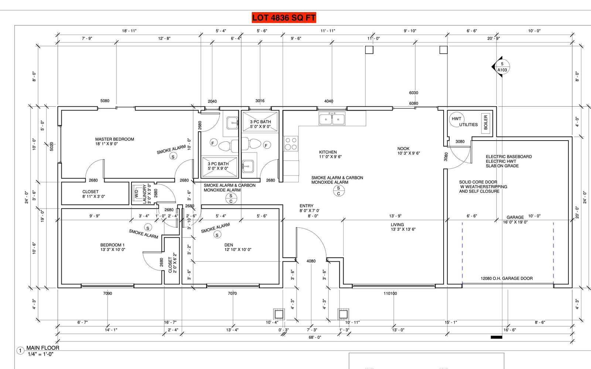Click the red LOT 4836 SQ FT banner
(284, 18)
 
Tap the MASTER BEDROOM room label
(115, 139)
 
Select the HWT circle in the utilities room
(456, 119)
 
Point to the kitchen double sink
(332, 118)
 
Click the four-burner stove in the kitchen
(291, 144)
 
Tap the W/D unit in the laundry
(136, 194)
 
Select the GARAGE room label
(515, 217)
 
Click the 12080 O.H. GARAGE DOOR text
(506, 278)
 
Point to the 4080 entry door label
(311, 261)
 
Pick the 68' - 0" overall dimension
(315, 337)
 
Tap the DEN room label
(229, 245)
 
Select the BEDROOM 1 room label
(112, 245)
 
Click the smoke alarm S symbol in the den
(217, 235)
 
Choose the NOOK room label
(403, 149)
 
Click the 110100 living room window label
(390, 293)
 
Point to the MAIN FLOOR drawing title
(43, 348)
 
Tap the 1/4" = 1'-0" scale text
(41, 354)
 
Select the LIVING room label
(397, 225)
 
